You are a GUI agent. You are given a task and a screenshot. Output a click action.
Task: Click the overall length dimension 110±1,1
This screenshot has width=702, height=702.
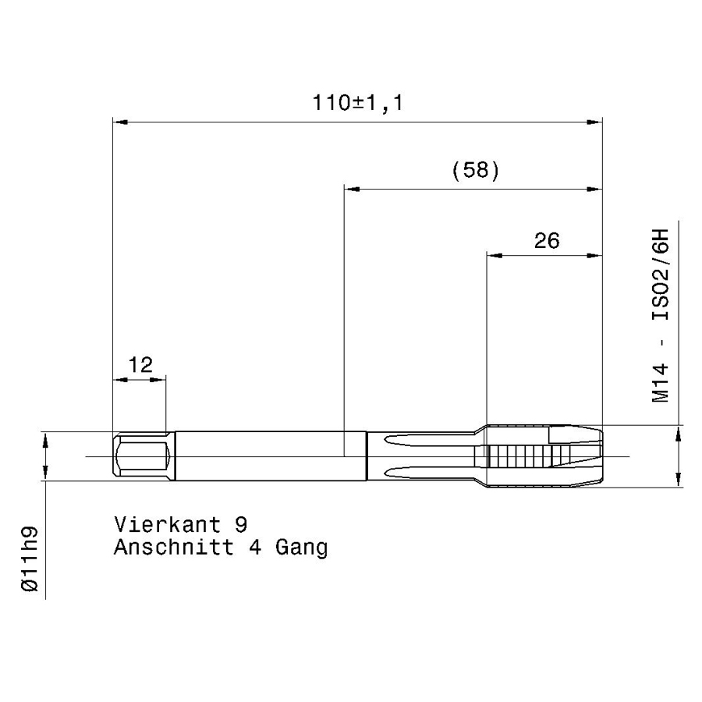point(357,103)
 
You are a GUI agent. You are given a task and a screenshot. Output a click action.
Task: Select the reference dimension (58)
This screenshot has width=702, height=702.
point(476,171)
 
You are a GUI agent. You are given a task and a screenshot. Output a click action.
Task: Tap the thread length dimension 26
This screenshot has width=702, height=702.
point(547,241)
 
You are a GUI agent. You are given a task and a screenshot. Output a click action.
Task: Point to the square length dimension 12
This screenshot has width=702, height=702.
point(140,365)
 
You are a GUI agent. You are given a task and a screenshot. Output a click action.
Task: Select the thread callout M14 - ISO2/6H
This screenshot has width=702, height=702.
point(660,316)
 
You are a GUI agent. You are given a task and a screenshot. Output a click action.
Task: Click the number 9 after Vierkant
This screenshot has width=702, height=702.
point(241,524)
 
